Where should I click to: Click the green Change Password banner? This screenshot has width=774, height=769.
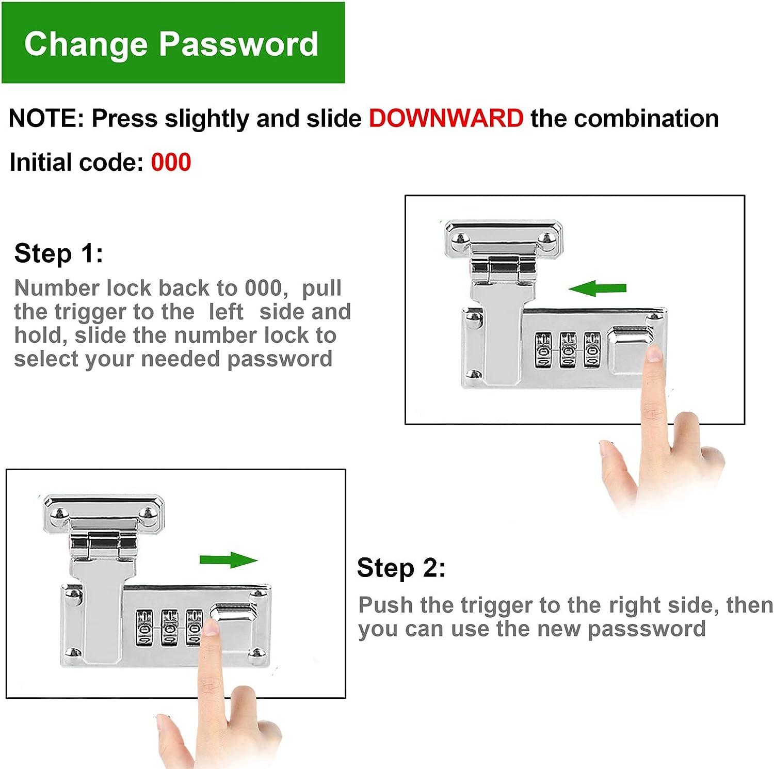point(173,42)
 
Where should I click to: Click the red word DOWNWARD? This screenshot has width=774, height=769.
point(446,118)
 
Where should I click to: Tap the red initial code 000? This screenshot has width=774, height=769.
point(171,162)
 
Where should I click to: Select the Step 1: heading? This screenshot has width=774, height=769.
point(58,253)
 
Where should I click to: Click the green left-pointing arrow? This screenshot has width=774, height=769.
point(597,288)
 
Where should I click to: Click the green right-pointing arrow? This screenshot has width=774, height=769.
point(229,560)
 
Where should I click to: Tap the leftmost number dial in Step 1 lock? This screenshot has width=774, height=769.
point(544,349)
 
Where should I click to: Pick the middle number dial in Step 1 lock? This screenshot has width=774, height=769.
point(568,349)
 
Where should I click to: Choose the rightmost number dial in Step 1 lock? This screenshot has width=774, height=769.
point(592,349)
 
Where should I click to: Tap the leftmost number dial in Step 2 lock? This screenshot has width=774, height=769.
point(144,627)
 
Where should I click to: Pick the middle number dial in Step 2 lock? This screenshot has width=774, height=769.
point(170,627)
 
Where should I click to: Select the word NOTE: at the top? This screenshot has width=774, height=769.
point(46,118)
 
